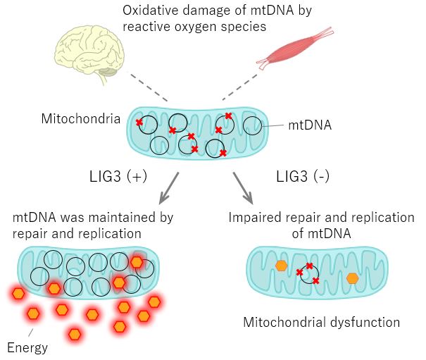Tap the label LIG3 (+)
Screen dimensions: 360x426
tap(115, 177)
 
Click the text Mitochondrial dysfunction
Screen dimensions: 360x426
tap(321, 323)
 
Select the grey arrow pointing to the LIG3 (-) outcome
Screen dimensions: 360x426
tap(243, 189)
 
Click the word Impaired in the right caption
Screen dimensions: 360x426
tap(252, 218)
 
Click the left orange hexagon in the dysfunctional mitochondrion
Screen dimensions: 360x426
tap(282, 266)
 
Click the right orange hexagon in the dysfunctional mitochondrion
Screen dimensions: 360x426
tap(352, 278)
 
